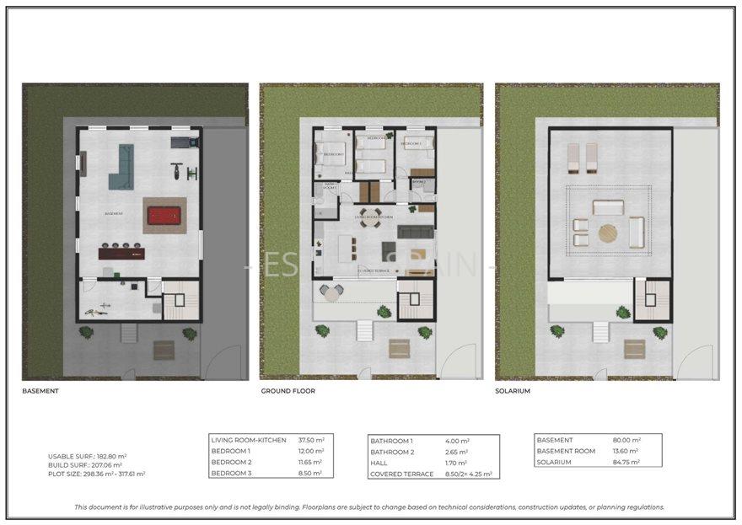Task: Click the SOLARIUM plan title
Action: tap(513, 391)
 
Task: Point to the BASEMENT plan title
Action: tap(40, 391)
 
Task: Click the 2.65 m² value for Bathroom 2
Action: tap(455, 451)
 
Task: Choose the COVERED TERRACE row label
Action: tap(401, 473)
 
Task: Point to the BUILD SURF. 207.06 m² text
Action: tap(85, 465)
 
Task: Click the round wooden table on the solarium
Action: tap(608, 232)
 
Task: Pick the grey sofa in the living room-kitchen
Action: tap(413, 232)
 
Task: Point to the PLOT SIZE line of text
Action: tap(97, 474)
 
